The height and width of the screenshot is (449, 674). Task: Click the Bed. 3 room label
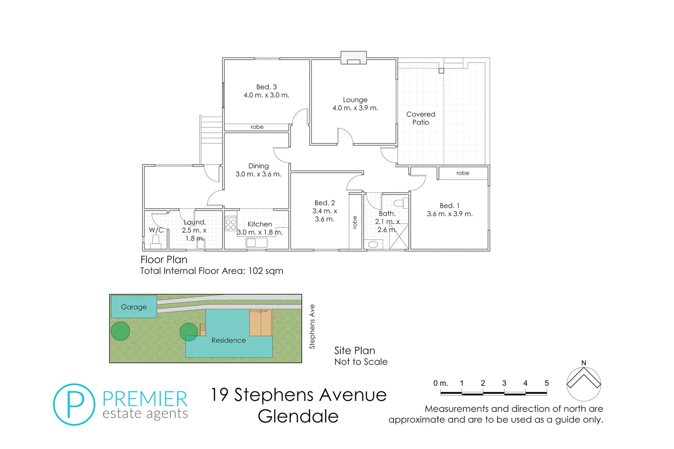266,87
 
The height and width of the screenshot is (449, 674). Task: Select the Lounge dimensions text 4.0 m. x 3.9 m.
355,108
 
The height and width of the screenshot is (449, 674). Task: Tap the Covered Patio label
421,118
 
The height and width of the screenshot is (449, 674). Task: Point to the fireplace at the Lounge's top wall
354,59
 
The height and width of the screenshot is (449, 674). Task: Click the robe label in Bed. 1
463,173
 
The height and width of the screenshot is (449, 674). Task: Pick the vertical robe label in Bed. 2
355,222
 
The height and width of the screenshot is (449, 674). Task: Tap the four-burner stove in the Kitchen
230,225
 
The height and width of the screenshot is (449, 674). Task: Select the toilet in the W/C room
156,241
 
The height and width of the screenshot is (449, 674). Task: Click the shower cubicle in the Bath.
399,237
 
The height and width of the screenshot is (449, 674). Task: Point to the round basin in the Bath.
373,244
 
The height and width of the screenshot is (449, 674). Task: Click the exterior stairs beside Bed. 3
211,130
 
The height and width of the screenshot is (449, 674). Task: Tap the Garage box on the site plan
134,307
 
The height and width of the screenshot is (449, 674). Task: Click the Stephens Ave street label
312,326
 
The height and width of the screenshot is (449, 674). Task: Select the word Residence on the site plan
228,340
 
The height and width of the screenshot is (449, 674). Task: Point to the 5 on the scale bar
546,383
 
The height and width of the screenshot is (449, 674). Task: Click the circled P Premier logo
74,404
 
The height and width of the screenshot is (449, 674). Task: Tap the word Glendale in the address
298,416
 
